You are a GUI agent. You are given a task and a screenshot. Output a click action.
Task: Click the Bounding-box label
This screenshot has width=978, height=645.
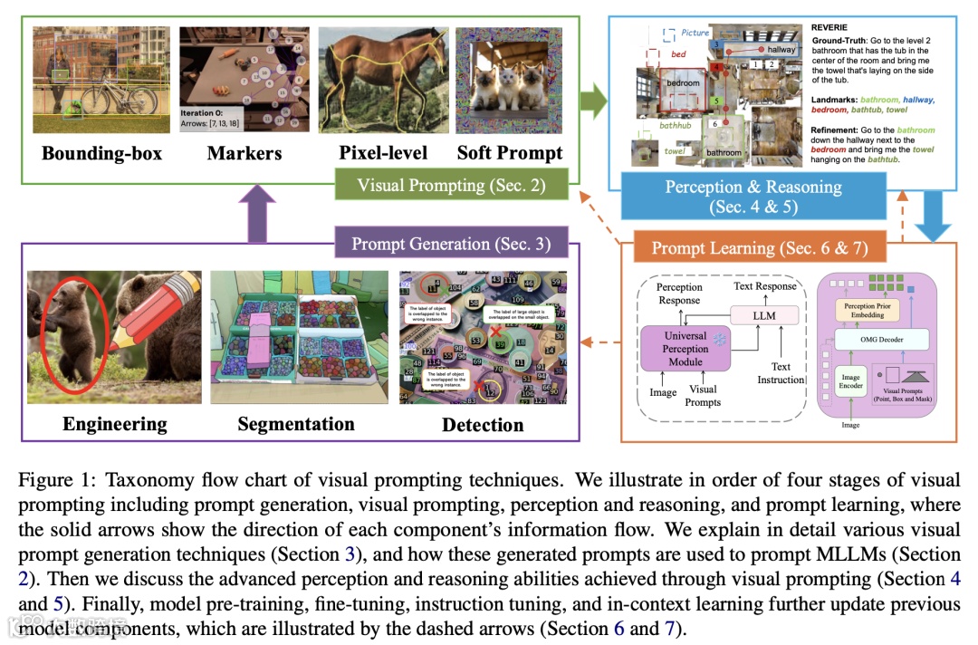[102, 153]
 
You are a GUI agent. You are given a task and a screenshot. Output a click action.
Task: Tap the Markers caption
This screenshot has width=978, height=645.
[244, 153]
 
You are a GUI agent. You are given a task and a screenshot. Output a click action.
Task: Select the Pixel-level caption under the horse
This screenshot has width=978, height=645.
[383, 153]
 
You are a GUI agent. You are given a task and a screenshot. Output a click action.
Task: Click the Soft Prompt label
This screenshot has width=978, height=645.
[510, 153]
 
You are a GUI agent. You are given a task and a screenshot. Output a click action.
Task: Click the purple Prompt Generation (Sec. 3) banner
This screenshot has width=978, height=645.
[451, 244]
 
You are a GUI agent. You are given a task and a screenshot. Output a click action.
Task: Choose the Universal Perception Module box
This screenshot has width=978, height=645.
[685, 349]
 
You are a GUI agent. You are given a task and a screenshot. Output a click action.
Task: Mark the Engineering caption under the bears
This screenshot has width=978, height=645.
[115, 424]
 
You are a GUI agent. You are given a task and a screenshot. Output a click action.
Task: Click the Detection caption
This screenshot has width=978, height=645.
[483, 425]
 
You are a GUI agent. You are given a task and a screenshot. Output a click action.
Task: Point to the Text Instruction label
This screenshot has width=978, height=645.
[781, 373]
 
